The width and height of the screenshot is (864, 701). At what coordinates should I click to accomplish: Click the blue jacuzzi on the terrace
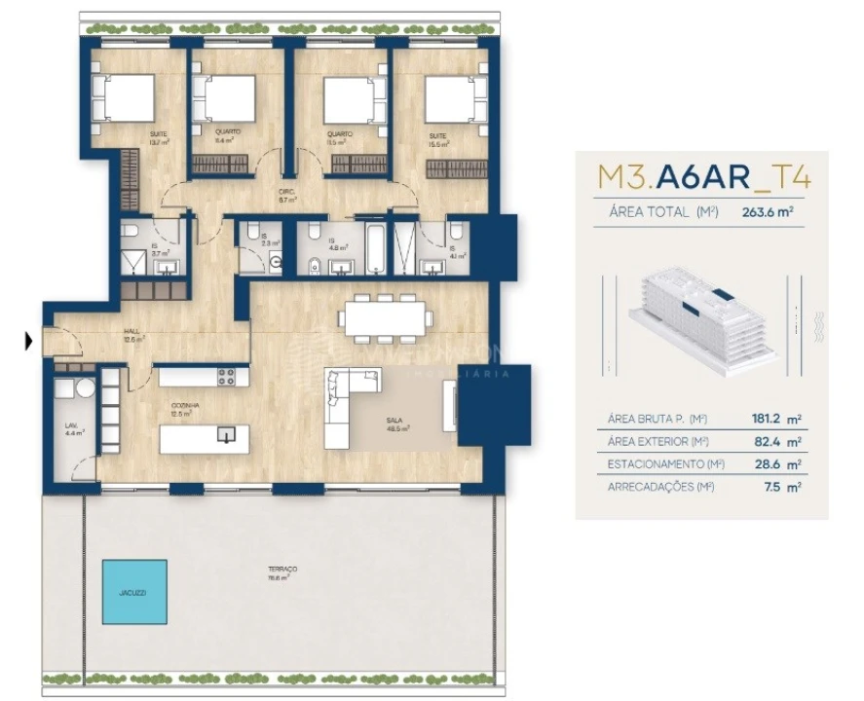[x=134, y=592]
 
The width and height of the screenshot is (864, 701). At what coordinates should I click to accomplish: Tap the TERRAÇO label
[x=283, y=571]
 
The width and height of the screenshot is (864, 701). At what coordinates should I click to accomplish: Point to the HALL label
[x=132, y=334]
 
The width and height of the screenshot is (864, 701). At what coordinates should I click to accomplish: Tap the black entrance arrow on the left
[x=28, y=341]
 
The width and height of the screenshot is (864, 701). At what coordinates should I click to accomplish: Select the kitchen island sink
[x=226, y=434]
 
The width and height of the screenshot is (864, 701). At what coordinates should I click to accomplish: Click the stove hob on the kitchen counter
[x=226, y=375]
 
